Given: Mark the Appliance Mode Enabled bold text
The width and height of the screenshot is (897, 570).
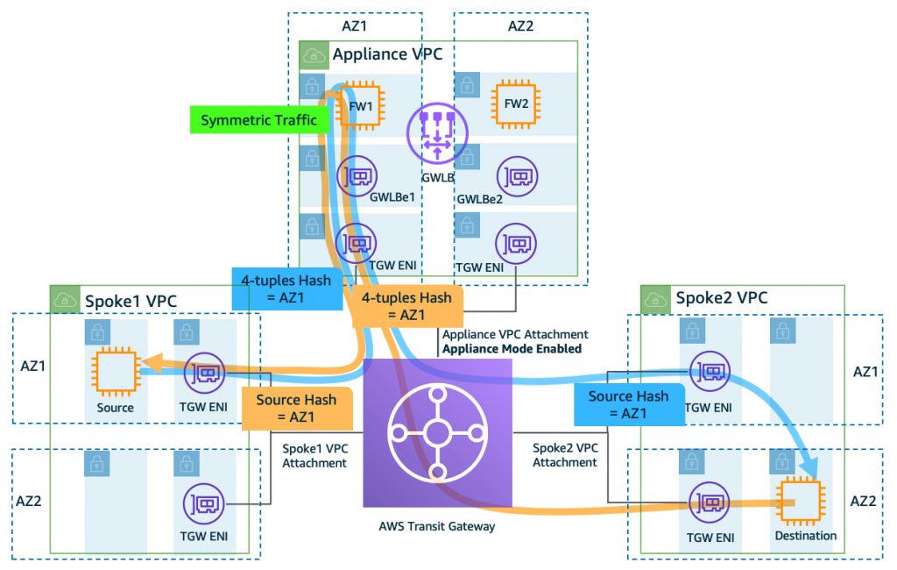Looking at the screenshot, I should click(512, 348).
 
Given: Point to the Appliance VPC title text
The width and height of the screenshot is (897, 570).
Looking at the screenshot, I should click(387, 54).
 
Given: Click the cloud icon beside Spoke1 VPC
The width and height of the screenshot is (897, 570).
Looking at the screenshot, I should click(65, 300).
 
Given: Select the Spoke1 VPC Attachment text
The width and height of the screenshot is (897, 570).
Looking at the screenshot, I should click(314, 454).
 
